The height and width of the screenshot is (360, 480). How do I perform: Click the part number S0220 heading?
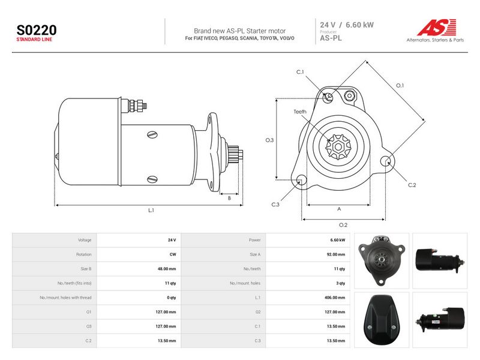37,31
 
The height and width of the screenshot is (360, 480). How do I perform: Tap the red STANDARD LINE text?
34,40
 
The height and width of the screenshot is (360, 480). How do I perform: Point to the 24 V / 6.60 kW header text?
347,25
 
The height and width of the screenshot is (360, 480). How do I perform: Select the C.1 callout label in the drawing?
300,72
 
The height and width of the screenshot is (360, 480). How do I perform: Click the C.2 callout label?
412,185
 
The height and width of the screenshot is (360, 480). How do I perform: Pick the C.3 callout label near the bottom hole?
275,205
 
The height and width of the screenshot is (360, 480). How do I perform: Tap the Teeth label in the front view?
299,112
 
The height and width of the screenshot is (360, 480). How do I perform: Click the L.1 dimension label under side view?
151,211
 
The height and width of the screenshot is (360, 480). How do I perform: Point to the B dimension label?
229,199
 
